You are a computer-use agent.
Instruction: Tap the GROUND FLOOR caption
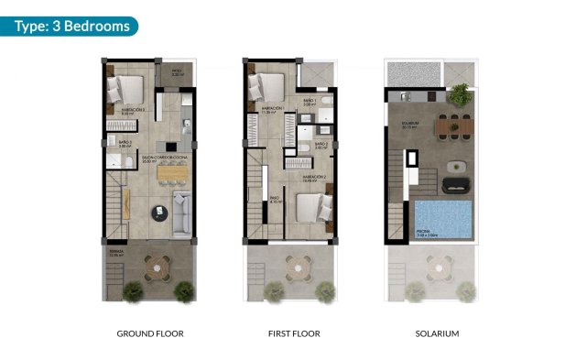point(150,333)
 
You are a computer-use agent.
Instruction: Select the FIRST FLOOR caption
point(294,333)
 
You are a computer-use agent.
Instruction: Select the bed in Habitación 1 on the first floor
point(267,88)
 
